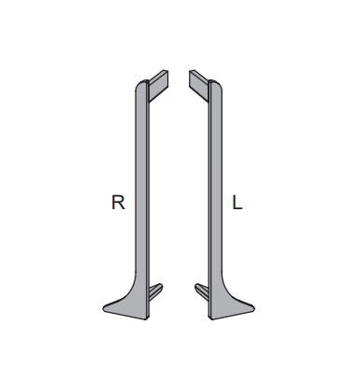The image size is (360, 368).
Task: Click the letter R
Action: pyautogui.click(x=118, y=202)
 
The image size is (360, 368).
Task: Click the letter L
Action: pyautogui.click(x=238, y=202)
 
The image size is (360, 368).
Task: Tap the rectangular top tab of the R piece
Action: pyautogui.click(x=159, y=86)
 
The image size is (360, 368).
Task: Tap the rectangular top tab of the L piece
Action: pyautogui.click(x=199, y=86)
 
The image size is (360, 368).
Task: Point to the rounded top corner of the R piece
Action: pyautogui.click(x=138, y=85)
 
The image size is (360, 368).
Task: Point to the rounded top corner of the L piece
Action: pyautogui.click(x=219, y=85)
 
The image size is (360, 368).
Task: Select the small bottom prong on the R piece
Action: pyautogui.click(x=155, y=291)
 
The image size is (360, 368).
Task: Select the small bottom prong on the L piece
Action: pyautogui.click(x=202, y=291)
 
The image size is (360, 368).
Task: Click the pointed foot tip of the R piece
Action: pyautogui.click(x=103, y=308)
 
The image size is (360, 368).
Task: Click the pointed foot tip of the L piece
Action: pyautogui.click(x=254, y=308)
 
